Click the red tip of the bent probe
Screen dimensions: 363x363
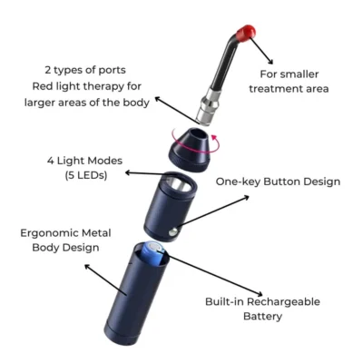(x=246, y=33)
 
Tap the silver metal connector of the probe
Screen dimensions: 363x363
(x=208, y=105)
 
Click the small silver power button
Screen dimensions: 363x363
(x=173, y=232)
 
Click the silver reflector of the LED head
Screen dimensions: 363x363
(x=179, y=184)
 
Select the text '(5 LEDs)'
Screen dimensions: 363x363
(x=86, y=175)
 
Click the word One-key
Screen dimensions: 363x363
(x=238, y=181)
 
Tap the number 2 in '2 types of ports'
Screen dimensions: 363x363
(x=48, y=70)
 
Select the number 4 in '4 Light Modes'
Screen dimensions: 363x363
(x=50, y=161)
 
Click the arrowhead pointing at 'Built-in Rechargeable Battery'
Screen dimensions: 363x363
(x=259, y=293)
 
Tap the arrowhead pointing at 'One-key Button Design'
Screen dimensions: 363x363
(x=246, y=198)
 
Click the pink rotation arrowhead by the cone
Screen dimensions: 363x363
(x=214, y=139)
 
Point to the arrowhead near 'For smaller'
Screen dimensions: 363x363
(x=270, y=61)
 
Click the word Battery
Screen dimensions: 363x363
(x=262, y=317)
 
